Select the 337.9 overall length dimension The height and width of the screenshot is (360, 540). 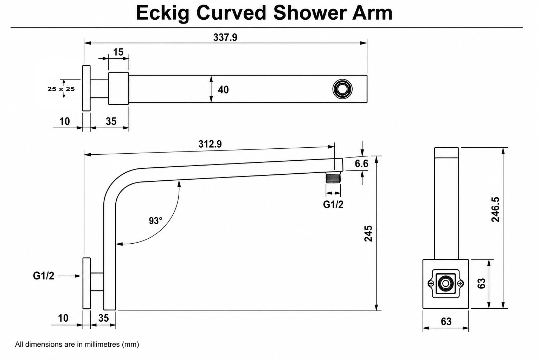tap(225, 37)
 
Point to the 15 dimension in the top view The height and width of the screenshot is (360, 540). tap(118, 52)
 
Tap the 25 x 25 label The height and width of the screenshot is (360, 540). tap(61, 89)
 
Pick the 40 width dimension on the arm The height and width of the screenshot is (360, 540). tap(223, 90)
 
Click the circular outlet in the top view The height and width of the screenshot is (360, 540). tap(342, 89)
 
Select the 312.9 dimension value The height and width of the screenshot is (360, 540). tap(210, 144)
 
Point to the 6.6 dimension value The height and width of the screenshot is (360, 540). tap(361, 164)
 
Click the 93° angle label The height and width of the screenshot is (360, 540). tap(155, 221)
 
